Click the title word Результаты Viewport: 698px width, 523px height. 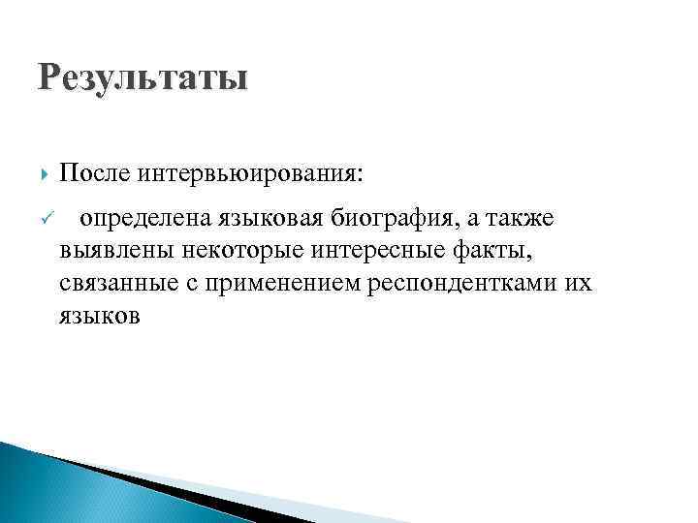pyautogui.click(x=143, y=75)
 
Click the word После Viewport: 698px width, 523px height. pyautogui.click(x=94, y=174)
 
